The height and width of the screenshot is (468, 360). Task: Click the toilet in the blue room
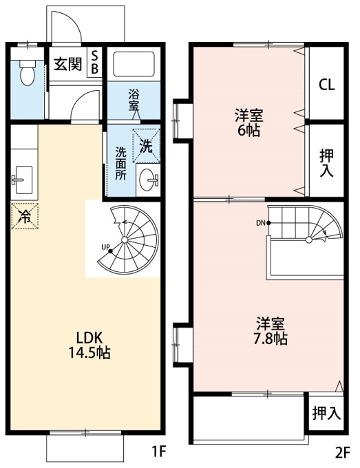27,72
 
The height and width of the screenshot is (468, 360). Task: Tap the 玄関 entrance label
67,64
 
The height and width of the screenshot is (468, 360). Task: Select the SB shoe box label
94,62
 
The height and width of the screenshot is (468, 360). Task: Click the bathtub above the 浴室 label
134,65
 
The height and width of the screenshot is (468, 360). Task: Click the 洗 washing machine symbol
146,146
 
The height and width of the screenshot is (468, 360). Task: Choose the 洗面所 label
121,163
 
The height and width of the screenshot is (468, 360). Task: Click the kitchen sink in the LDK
23,180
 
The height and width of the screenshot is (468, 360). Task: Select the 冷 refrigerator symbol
25,216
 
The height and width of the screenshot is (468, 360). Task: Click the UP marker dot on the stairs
110,251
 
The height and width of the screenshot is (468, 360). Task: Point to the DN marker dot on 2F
268,223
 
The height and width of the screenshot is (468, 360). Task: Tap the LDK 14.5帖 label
89,345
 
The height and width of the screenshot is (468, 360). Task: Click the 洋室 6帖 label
249,123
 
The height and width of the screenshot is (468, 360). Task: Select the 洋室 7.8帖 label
271,331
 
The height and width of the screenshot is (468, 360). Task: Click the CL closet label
326,85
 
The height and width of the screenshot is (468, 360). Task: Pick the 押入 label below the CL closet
326,163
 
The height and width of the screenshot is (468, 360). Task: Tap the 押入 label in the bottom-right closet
326,414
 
